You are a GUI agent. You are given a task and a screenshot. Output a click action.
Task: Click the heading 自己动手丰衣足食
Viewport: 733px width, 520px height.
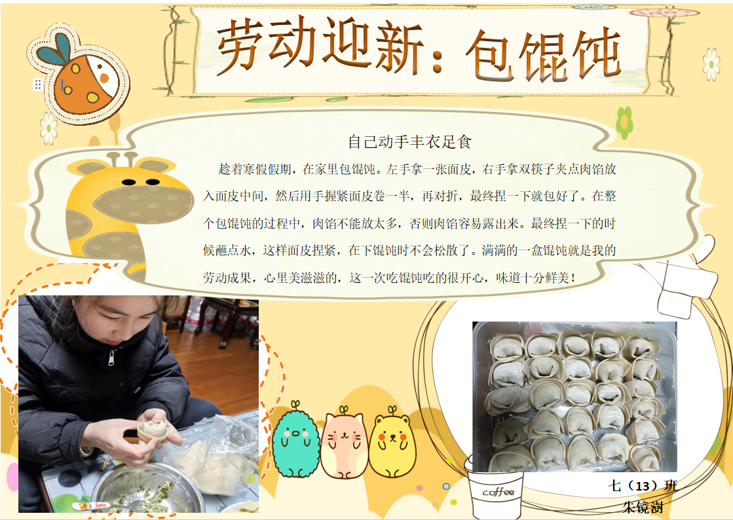409,142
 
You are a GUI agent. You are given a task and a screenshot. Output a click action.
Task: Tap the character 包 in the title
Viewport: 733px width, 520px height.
489,55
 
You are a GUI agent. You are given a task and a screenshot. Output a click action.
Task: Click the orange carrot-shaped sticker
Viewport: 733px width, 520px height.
79,75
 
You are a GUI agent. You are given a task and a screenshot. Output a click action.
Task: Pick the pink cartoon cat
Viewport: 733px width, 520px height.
345,443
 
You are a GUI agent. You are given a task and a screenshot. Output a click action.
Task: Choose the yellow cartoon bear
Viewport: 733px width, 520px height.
392,443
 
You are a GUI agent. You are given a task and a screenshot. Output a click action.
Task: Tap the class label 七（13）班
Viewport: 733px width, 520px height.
643,486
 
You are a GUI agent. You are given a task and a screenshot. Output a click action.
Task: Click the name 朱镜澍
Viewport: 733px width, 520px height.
643,507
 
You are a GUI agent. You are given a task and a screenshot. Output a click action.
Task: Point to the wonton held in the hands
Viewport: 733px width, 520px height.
153,430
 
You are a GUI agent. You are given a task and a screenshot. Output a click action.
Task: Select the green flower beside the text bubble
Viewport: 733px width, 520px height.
624,123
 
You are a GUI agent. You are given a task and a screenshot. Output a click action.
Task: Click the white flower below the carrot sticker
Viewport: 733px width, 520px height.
48,128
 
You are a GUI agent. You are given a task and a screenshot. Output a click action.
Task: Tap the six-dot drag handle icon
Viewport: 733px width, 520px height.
38,84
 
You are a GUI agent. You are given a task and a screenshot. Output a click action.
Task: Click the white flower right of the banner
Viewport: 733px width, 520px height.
711,64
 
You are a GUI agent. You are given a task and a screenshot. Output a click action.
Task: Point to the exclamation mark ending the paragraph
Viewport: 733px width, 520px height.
573,278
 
